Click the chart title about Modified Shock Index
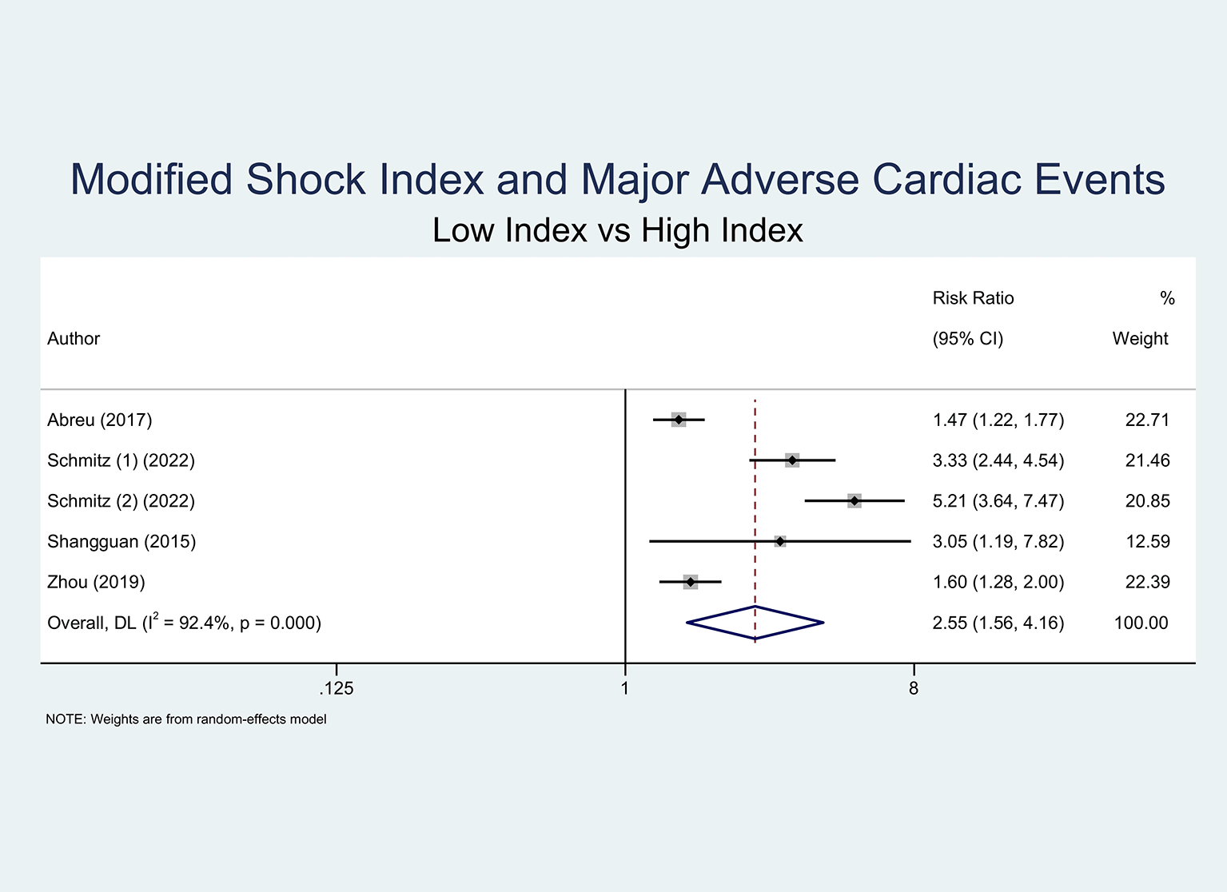[x=617, y=179]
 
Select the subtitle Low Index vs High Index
[x=617, y=231]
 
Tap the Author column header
[x=74, y=339]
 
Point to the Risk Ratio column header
[x=973, y=299]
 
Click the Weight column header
[x=1140, y=339]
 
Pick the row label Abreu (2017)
[x=100, y=420]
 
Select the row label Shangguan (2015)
[x=122, y=542]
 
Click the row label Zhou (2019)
[x=96, y=583]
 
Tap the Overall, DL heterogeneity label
[x=184, y=623]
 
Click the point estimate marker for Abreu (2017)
[x=679, y=420]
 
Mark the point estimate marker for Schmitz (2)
[x=855, y=501]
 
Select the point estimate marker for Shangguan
[x=780, y=542]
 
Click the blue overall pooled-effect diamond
[x=755, y=623]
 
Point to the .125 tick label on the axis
[x=337, y=688]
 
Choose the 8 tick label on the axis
[x=914, y=688]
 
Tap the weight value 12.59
[x=1147, y=542]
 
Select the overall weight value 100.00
[x=1141, y=623]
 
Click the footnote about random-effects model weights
[x=186, y=719]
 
